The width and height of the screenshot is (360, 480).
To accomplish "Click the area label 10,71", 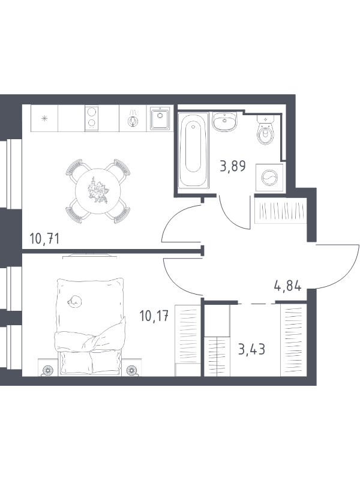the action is click(x=44, y=238).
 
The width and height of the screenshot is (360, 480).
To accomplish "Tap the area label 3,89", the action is click(x=233, y=166).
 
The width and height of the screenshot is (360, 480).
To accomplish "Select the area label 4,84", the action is click(x=287, y=286).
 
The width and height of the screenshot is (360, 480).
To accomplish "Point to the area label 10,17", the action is click(x=154, y=316).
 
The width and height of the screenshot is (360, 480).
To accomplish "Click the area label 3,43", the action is click(x=251, y=349).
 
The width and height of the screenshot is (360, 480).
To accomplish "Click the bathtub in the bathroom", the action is click(x=193, y=150).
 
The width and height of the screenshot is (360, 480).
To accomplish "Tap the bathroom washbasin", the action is click(x=224, y=121).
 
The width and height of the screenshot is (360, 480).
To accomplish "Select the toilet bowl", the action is click(x=265, y=130).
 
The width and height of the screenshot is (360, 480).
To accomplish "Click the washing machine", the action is click(x=269, y=178).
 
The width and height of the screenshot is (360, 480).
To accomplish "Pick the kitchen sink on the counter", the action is click(x=160, y=118).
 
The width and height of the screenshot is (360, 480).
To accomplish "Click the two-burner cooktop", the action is click(x=91, y=118).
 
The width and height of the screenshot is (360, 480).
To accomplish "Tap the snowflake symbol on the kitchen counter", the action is click(x=44, y=118).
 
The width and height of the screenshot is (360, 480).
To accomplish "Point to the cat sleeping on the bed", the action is click(x=74, y=301).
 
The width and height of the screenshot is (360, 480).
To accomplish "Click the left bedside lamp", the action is click(x=47, y=370).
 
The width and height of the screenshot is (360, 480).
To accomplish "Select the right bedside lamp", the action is click(x=132, y=370).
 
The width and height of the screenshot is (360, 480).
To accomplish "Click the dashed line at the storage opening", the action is click(x=257, y=304).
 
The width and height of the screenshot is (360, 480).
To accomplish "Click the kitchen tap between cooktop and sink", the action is click(x=133, y=119).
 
